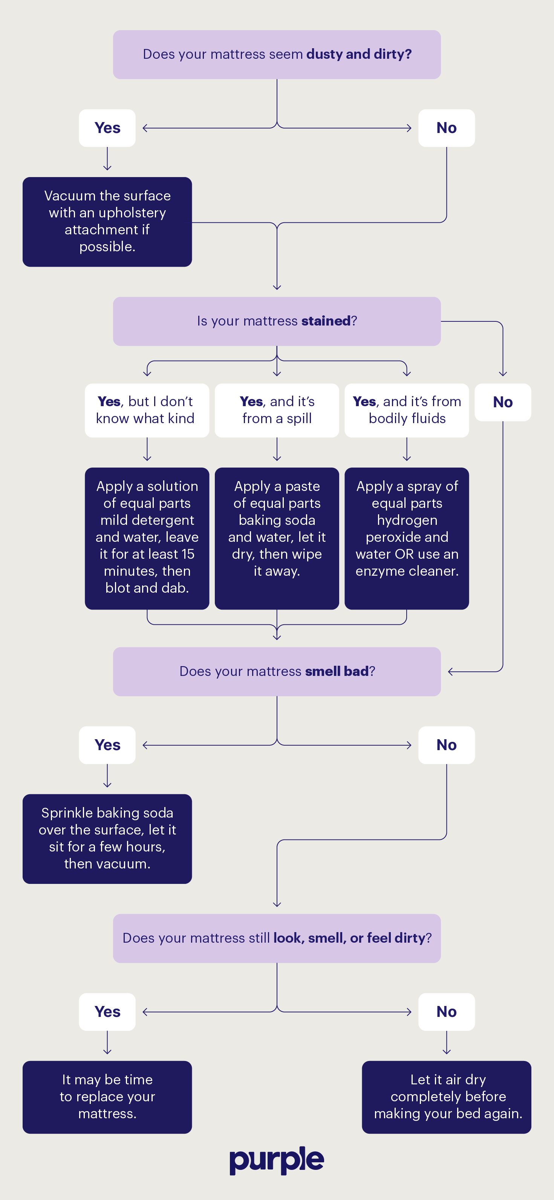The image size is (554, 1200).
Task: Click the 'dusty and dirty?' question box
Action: click(277, 55)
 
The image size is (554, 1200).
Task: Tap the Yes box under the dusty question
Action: click(107, 128)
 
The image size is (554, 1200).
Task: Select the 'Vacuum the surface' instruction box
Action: click(107, 222)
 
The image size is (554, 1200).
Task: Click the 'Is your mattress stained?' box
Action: click(277, 321)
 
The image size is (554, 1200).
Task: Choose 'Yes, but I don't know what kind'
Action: click(147, 410)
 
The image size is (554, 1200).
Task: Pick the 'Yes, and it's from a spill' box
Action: click(277, 410)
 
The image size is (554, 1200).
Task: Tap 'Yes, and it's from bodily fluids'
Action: click(406, 410)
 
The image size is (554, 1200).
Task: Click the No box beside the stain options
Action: click(503, 402)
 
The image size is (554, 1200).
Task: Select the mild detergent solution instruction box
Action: click(147, 538)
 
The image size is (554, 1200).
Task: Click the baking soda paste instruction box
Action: click(277, 538)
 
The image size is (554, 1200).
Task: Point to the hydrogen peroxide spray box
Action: click(406, 538)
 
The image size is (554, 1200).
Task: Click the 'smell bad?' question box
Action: click(277, 671)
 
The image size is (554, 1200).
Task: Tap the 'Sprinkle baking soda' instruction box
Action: click(107, 839)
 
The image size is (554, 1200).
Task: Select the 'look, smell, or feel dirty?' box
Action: click(277, 938)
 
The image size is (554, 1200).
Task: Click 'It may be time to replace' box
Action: click(107, 1097)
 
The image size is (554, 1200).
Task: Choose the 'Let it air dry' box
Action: click(446, 1097)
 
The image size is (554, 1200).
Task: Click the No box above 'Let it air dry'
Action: click(446, 1012)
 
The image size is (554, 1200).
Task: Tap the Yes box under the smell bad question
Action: click(107, 745)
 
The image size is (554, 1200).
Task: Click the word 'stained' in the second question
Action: click(326, 321)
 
